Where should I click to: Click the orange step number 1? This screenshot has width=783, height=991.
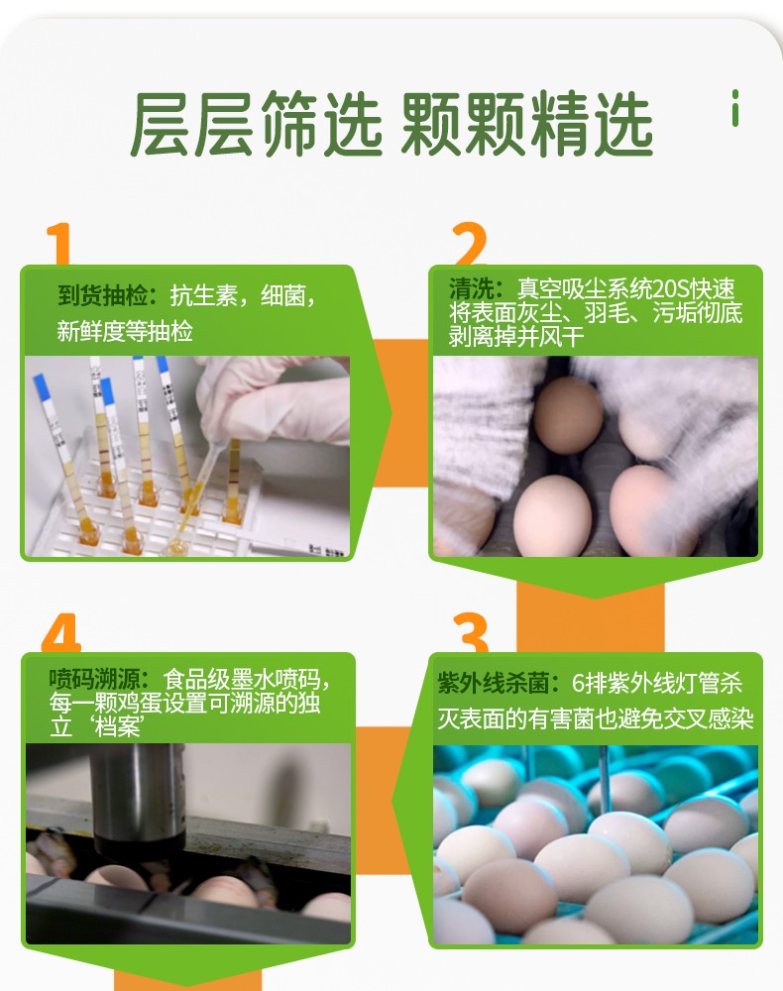58,244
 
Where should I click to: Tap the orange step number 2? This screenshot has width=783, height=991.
470,244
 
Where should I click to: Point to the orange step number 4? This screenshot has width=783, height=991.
61,632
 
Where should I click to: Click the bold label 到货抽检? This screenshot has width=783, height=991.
103,295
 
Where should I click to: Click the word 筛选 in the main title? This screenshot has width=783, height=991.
322,124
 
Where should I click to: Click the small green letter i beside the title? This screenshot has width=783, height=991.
735,108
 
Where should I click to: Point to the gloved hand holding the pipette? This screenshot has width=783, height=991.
279,398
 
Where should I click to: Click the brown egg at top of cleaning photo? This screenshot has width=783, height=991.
568,415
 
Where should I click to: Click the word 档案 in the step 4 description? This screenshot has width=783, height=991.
117,726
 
